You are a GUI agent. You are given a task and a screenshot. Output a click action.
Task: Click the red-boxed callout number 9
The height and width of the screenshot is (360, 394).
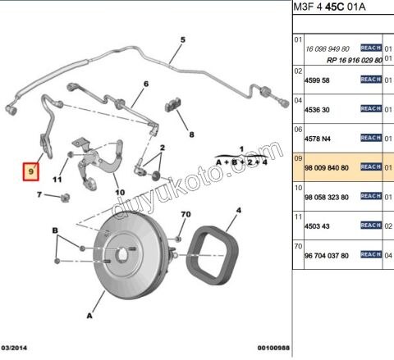click(x=31, y=171)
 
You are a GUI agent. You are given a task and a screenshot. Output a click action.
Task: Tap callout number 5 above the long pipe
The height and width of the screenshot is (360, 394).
click(x=183, y=40)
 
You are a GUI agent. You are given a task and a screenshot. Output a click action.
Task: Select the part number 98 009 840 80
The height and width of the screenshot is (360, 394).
click(x=327, y=167)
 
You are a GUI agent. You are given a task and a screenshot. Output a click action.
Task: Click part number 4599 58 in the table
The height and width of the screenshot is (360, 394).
click(x=317, y=80)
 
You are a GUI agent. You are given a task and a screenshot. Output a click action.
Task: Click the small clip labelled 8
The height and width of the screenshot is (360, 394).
click(x=173, y=104)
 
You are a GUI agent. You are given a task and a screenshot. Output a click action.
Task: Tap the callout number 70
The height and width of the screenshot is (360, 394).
click(x=186, y=214)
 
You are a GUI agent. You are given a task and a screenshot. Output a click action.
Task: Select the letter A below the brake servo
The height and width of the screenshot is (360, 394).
click(x=89, y=316)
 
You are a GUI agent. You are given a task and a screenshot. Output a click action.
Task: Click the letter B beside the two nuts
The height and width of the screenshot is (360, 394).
click(x=55, y=230)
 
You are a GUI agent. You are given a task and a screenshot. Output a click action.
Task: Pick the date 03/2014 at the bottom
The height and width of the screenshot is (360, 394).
click(x=14, y=348)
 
